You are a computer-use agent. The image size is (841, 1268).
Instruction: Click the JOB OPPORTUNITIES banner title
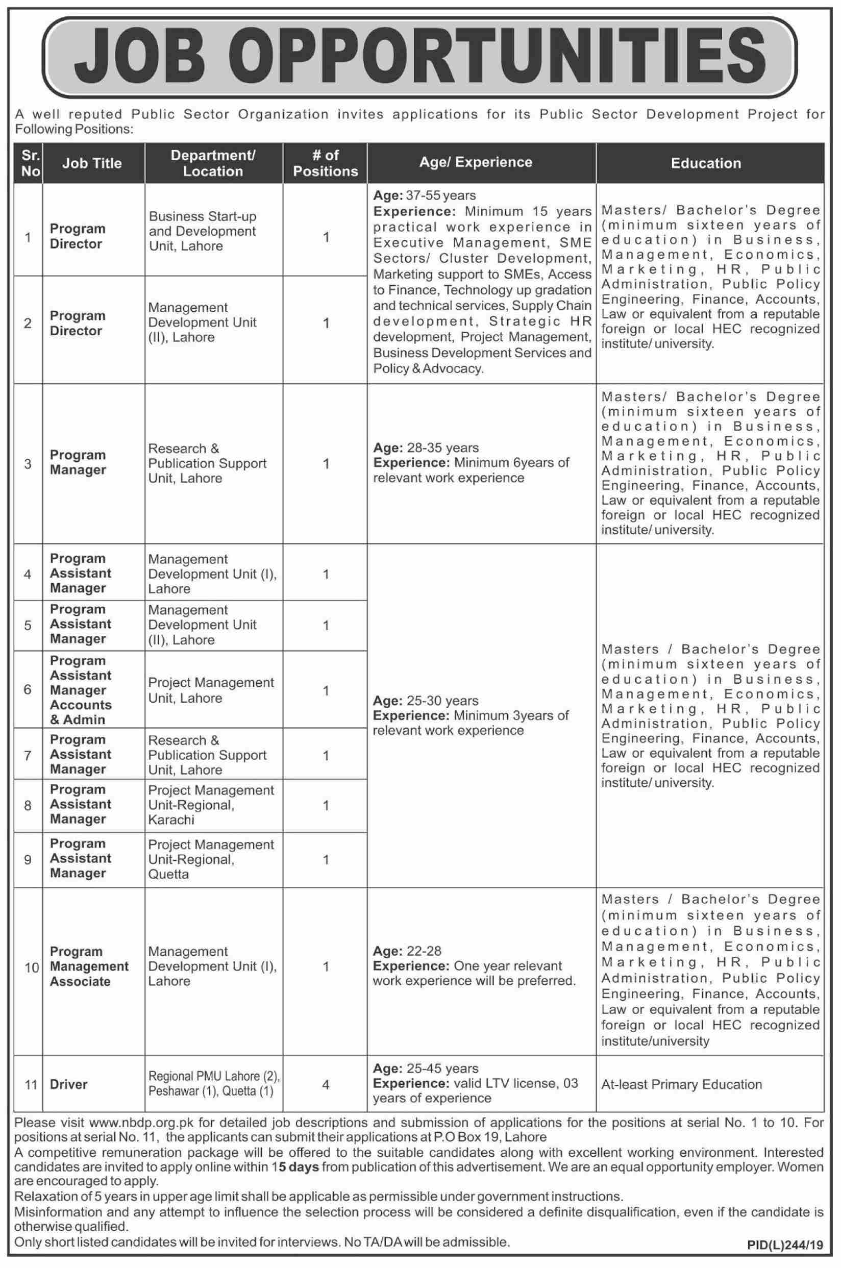point(420,58)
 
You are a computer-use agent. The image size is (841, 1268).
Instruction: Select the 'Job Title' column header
point(92,163)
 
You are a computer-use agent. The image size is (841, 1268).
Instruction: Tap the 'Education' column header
point(705,163)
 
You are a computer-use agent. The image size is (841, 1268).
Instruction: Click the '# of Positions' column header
point(325,163)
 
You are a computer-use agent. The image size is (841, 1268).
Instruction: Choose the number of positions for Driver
point(326,1084)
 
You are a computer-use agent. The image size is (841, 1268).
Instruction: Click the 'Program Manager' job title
point(78,462)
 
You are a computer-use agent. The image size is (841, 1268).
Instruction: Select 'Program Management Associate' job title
point(89,966)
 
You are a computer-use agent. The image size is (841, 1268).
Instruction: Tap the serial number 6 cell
point(28,689)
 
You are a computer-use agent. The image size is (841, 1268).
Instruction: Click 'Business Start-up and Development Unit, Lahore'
point(203,231)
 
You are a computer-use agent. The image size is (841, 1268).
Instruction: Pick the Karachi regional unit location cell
point(211,805)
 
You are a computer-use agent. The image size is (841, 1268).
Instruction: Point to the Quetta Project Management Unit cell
point(211,859)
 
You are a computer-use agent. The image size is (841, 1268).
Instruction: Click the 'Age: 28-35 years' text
point(426,447)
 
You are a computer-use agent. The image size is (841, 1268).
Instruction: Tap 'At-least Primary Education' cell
point(681,1084)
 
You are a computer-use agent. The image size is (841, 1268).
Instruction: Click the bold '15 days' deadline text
point(295,1166)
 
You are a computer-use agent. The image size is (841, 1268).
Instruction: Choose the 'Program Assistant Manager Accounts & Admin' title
point(81,689)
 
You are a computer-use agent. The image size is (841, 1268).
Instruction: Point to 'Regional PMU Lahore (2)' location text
point(214,1076)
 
